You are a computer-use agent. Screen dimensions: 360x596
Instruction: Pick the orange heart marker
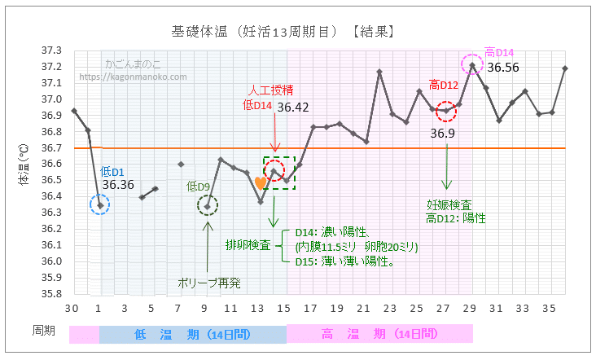260,183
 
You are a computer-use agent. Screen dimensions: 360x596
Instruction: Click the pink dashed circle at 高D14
471,64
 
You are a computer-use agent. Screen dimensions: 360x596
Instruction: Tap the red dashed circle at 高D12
445,111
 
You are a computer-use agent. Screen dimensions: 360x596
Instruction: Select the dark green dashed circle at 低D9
207,206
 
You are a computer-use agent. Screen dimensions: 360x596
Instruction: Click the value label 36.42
293,107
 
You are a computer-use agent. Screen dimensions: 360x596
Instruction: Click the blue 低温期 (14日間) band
193,334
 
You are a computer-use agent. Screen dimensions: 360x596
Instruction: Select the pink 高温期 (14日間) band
379,334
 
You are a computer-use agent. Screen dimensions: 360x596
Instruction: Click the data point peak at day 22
379,72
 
